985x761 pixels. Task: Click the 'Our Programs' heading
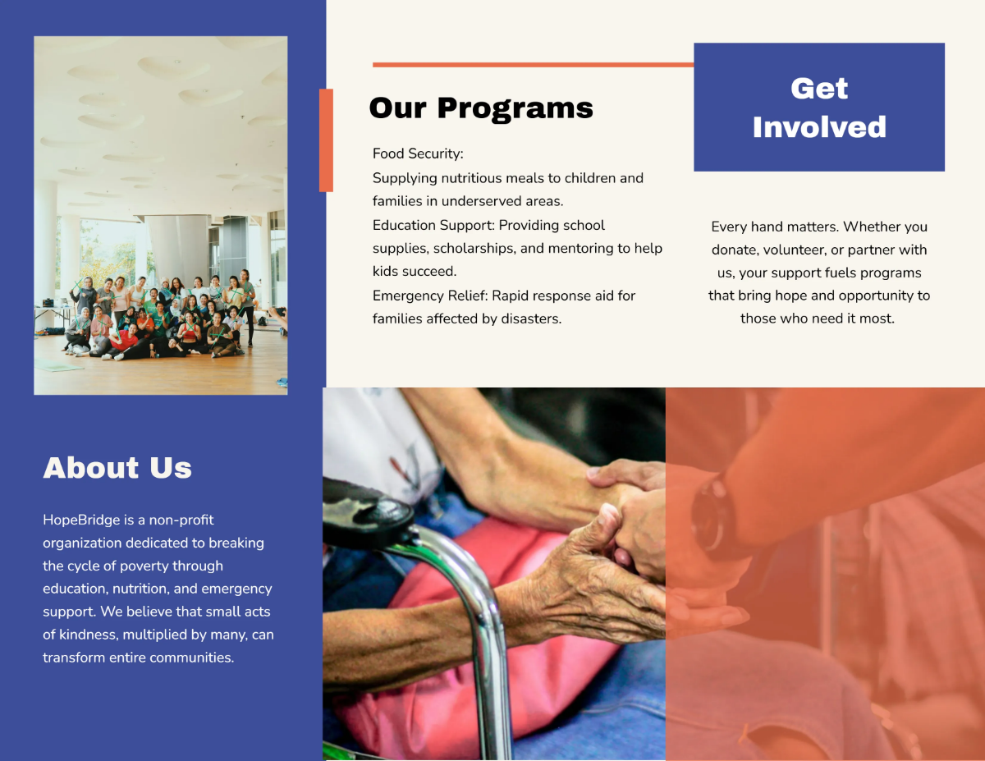tap(481, 109)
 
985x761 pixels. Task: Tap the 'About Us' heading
tap(117, 467)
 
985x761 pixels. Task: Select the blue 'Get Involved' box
tap(819, 107)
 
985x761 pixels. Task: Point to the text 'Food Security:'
tap(418, 154)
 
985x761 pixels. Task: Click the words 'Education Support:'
tap(433, 225)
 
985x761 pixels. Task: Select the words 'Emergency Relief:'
tap(430, 296)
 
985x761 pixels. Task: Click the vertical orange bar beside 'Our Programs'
tap(326, 140)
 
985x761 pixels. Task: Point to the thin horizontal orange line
tap(533, 65)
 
